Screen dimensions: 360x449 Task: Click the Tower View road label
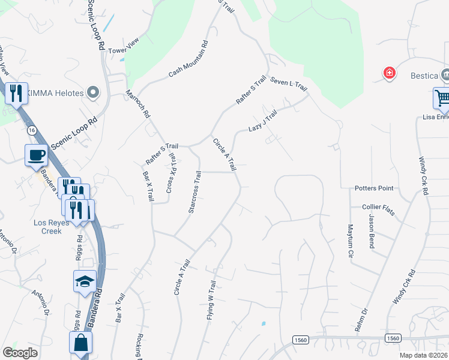point(124,51)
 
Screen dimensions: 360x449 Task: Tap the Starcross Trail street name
point(193,192)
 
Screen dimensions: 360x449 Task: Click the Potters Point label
point(373,188)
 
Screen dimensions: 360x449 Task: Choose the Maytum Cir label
point(351,241)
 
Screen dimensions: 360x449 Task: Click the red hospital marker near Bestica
point(390,73)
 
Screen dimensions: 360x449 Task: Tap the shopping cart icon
point(442,98)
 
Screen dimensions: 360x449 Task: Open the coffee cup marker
point(36,155)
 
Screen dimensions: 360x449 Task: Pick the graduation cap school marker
point(85,280)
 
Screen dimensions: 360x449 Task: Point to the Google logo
point(20,353)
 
